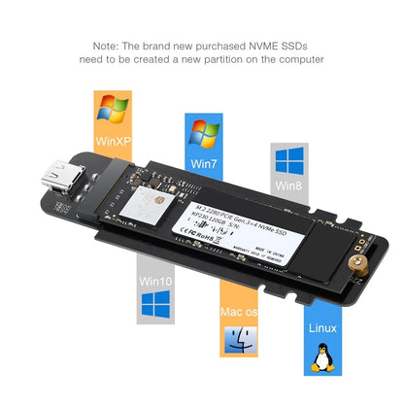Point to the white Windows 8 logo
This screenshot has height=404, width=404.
[288, 160]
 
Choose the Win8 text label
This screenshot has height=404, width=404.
[288, 185]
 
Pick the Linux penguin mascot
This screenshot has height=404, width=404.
[320, 357]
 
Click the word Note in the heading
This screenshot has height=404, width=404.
[105, 46]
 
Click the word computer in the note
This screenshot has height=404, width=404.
[294, 60]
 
